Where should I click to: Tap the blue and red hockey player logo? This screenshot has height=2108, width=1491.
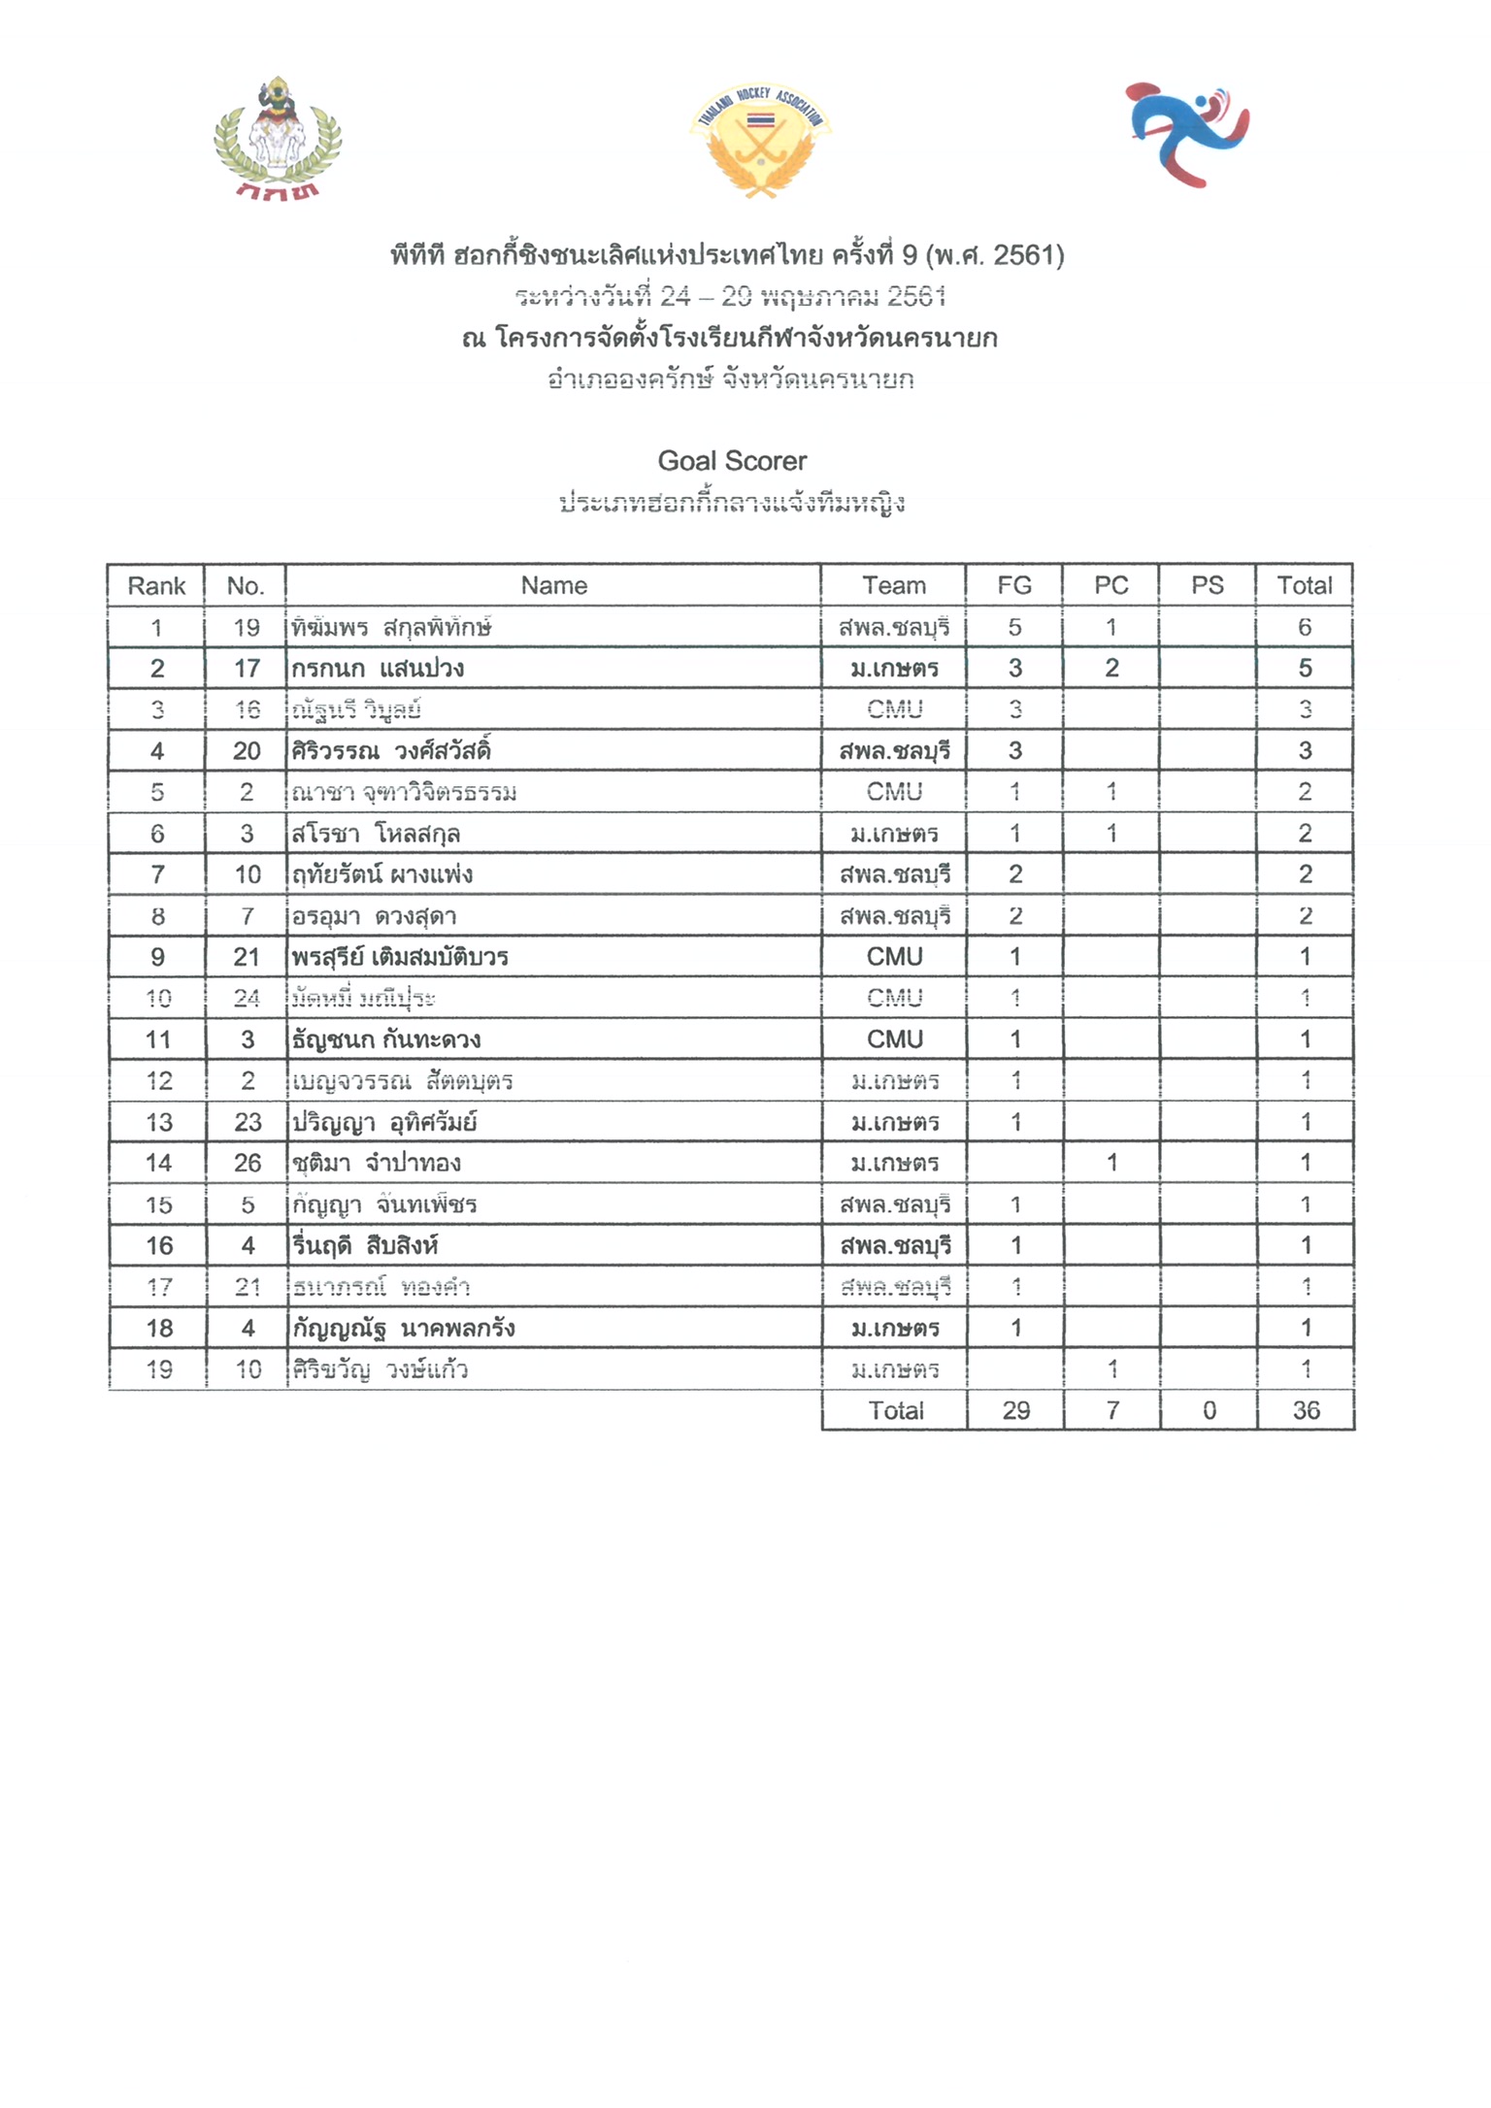coord(1187,134)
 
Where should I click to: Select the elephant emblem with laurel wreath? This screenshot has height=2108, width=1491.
coord(278,138)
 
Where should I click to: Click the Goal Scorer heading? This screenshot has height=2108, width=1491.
coord(732,461)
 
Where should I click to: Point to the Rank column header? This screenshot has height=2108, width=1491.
coord(156,586)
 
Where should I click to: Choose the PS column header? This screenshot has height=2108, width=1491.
coord(1208,586)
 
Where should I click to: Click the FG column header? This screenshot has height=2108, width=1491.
coord(1014,586)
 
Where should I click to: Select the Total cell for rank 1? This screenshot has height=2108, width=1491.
coord(1305,628)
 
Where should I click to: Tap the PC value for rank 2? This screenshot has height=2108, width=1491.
coord(1111,669)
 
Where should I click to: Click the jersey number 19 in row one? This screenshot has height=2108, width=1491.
coord(247,628)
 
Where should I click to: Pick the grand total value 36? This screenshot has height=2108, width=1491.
coord(1306,1411)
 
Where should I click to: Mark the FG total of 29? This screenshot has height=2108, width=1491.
coord(1015,1411)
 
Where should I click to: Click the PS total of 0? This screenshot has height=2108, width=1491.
coord(1209,1411)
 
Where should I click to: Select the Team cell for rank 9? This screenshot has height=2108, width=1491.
coord(894,958)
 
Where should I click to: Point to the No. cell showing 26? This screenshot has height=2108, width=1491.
coord(248,1164)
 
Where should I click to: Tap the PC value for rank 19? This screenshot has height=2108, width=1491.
coord(1112,1369)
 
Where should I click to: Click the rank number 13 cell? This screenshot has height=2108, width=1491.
coord(158,1123)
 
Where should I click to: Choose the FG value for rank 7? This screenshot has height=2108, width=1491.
coord(1015,875)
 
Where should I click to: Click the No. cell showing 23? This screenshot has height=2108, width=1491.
coord(248,1123)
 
